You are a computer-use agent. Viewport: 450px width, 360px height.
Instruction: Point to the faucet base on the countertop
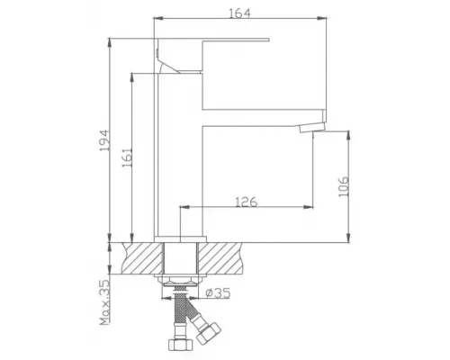[180, 236]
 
